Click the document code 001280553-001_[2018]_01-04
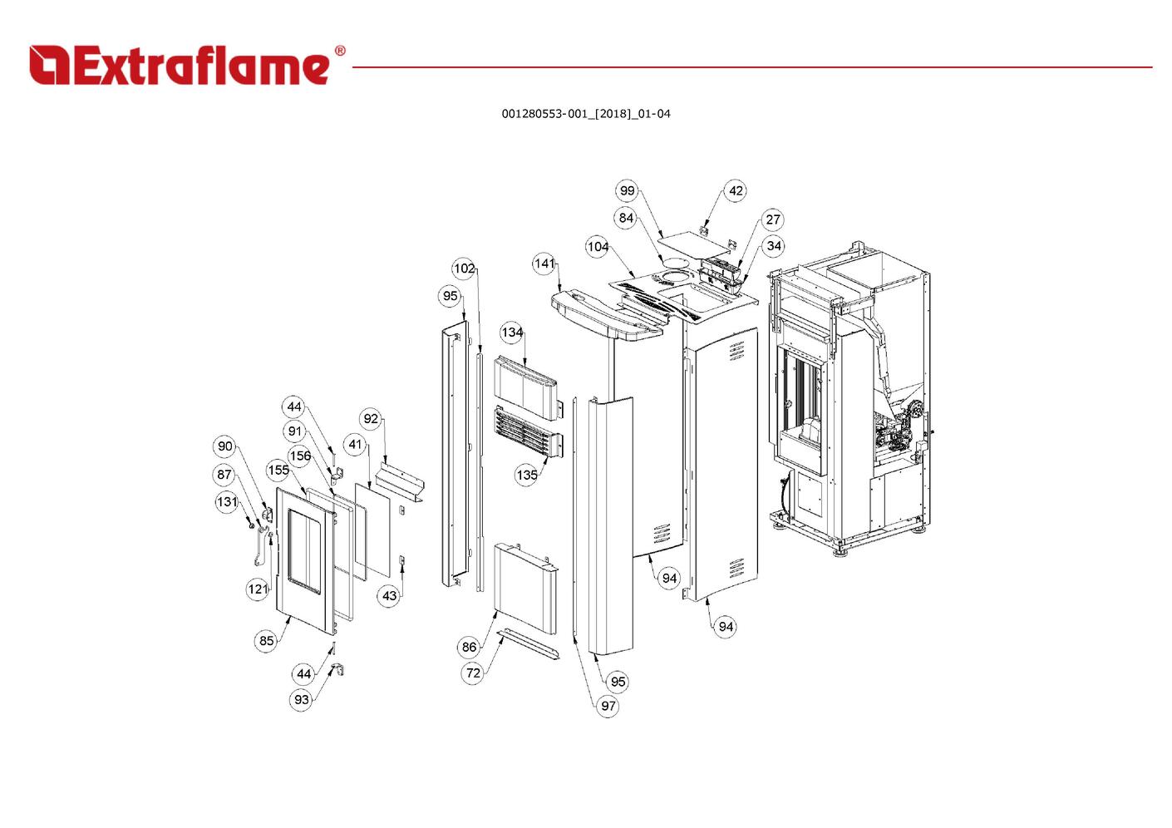585,114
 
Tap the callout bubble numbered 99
627,190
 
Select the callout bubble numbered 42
736,190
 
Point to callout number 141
544,264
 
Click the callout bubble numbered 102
464,269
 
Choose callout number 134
512,332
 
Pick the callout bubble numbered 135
526,475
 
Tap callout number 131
227,502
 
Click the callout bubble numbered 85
266,641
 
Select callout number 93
302,700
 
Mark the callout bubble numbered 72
473,673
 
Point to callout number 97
608,706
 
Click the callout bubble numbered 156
300,456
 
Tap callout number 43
389,595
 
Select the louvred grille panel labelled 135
527,431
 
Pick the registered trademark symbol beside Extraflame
339,51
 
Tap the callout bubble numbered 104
598,247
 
